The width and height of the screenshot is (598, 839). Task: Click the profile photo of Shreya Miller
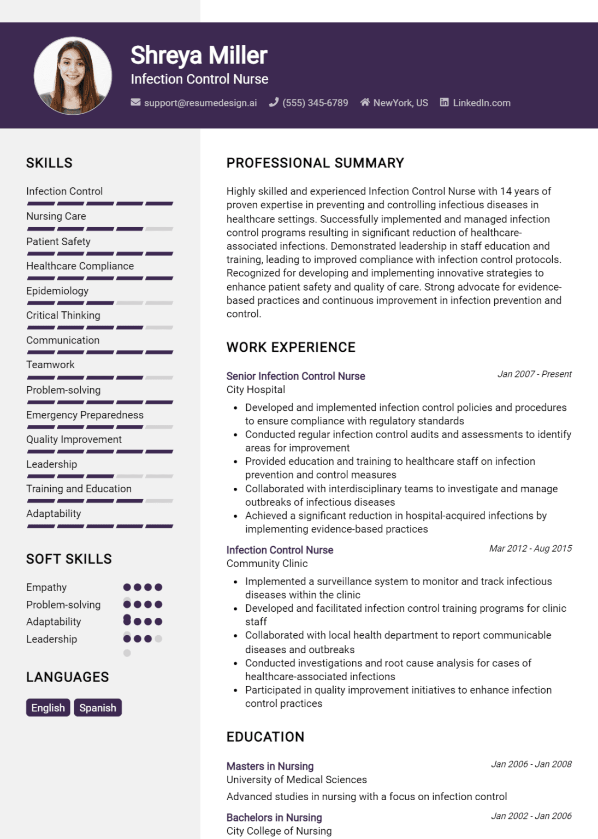[73, 76]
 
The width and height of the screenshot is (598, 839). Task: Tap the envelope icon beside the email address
[135, 103]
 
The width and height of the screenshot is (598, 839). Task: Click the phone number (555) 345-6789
[315, 103]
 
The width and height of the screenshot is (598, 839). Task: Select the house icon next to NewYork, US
[365, 103]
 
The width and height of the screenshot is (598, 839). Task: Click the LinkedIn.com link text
[481, 103]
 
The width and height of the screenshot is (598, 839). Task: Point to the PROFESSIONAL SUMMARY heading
[315, 163]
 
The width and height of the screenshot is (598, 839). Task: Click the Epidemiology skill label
[57, 291]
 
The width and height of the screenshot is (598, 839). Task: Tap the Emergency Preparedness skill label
[85, 415]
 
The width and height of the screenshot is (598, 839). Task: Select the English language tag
[48, 707]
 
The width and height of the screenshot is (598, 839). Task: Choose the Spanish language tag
[98, 707]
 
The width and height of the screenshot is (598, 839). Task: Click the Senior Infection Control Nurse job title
[295, 376]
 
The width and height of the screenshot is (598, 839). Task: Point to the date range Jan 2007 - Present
[534, 374]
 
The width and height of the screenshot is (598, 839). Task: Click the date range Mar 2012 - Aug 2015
[530, 548]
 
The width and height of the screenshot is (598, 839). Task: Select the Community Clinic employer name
[267, 563]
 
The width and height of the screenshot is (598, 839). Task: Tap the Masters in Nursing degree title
[270, 766]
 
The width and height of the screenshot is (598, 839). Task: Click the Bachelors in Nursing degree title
[274, 817]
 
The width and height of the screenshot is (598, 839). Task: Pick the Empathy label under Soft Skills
[46, 587]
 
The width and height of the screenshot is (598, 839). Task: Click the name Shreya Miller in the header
[199, 55]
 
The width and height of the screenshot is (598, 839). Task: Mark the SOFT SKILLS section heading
[69, 559]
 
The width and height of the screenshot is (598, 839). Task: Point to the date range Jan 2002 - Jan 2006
[531, 816]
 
